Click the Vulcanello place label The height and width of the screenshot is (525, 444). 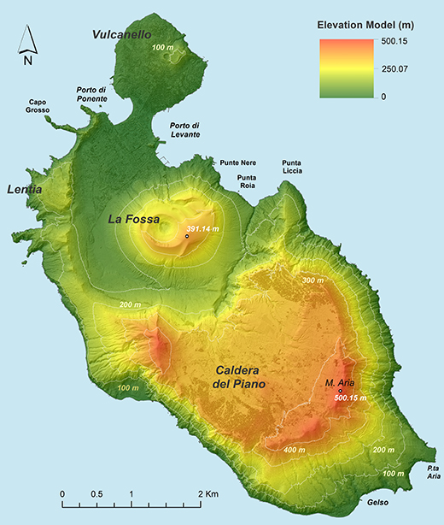[x=122, y=34]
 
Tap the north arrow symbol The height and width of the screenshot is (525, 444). [x=28, y=46]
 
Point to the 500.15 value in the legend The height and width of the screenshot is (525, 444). [x=398, y=41]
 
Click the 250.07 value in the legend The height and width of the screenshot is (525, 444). [x=398, y=68]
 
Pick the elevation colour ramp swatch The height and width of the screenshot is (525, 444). [x=348, y=69]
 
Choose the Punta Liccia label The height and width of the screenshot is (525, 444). [x=292, y=168]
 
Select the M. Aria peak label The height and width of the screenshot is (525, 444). [x=340, y=383]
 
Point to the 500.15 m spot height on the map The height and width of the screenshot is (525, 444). [x=350, y=398]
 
